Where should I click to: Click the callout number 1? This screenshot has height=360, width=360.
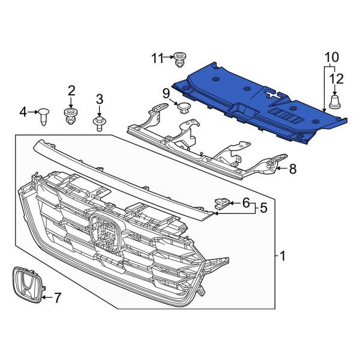[283, 256]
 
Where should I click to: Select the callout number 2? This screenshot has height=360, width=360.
[71, 91]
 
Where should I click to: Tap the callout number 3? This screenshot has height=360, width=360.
[100, 99]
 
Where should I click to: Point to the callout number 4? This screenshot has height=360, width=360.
[23, 111]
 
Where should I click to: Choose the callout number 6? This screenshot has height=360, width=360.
[245, 203]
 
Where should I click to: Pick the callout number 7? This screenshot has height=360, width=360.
[58, 296]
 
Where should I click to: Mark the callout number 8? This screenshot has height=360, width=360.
[292, 169]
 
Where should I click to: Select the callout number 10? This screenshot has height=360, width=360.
[332, 58]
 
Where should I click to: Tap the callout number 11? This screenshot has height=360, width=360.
[157, 58]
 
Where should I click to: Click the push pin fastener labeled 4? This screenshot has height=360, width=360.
[44, 114]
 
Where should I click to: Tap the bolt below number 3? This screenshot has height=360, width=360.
[98, 124]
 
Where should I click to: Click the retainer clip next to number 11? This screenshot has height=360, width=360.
[179, 60]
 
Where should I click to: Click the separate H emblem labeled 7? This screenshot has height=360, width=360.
[26, 287]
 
